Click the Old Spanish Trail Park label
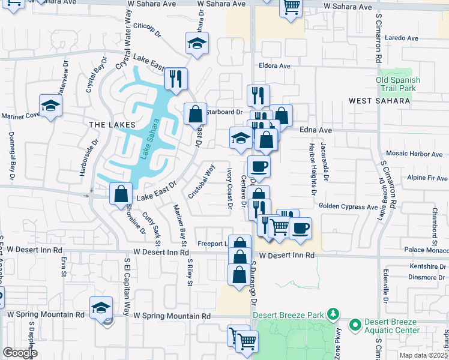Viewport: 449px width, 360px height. [x=398, y=84]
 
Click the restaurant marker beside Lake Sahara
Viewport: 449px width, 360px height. [x=176, y=79]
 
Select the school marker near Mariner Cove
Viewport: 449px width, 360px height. [x=51, y=106]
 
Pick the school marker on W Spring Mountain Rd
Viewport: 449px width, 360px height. [x=101, y=307]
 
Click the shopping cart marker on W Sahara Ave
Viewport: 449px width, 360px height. [x=291, y=7]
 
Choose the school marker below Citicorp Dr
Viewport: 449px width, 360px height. [x=197, y=43]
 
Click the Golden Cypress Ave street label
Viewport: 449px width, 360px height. [x=348, y=206]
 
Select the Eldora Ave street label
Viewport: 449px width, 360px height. [x=274, y=66]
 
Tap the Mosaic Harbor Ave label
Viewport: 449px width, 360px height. [x=417, y=154]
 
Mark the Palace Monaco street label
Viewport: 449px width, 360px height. [x=426, y=249]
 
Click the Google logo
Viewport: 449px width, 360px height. [x=20, y=353]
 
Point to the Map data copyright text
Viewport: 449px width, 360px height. [x=421, y=355]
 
